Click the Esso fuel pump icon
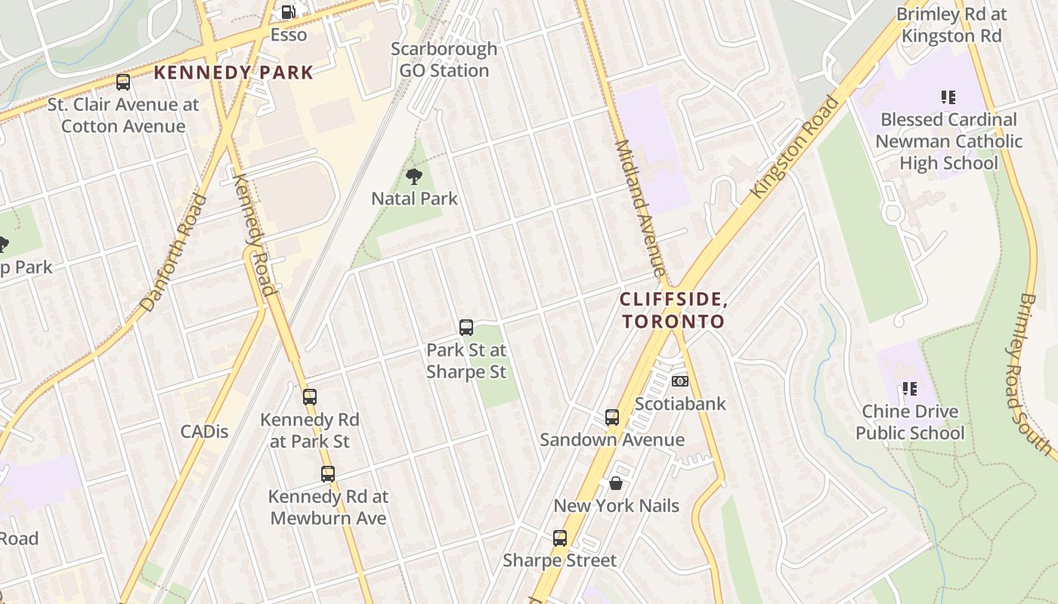[x=288, y=12]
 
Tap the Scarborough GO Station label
[x=444, y=60]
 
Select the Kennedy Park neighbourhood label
[x=234, y=72]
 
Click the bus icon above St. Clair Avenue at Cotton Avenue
[x=123, y=82]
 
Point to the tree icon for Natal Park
[x=413, y=177]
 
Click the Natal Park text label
[x=414, y=199]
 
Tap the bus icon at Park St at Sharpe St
[x=466, y=328]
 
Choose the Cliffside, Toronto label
[x=673, y=310]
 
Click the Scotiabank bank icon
[x=680, y=381]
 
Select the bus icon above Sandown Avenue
[x=612, y=418]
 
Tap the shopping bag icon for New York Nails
[x=616, y=483]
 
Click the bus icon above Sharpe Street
[x=560, y=538]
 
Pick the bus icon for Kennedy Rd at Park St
[x=310, y=397]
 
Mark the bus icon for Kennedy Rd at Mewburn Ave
[x=328, y=474]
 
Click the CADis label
[x=204, y=432]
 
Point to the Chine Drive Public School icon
[x=910, y=389]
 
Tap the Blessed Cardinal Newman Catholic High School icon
[x=948, y=97]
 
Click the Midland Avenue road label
[x=639, y=208]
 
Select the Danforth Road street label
[x=174, y=253]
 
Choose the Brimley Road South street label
[x=1030, y=374]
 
